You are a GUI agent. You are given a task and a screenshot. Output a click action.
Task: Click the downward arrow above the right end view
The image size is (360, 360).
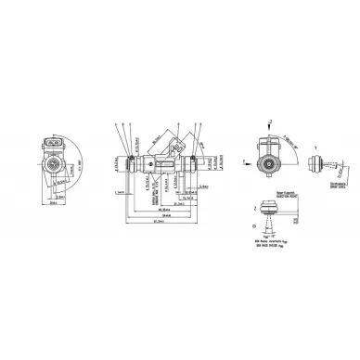(x=268, y=125)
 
